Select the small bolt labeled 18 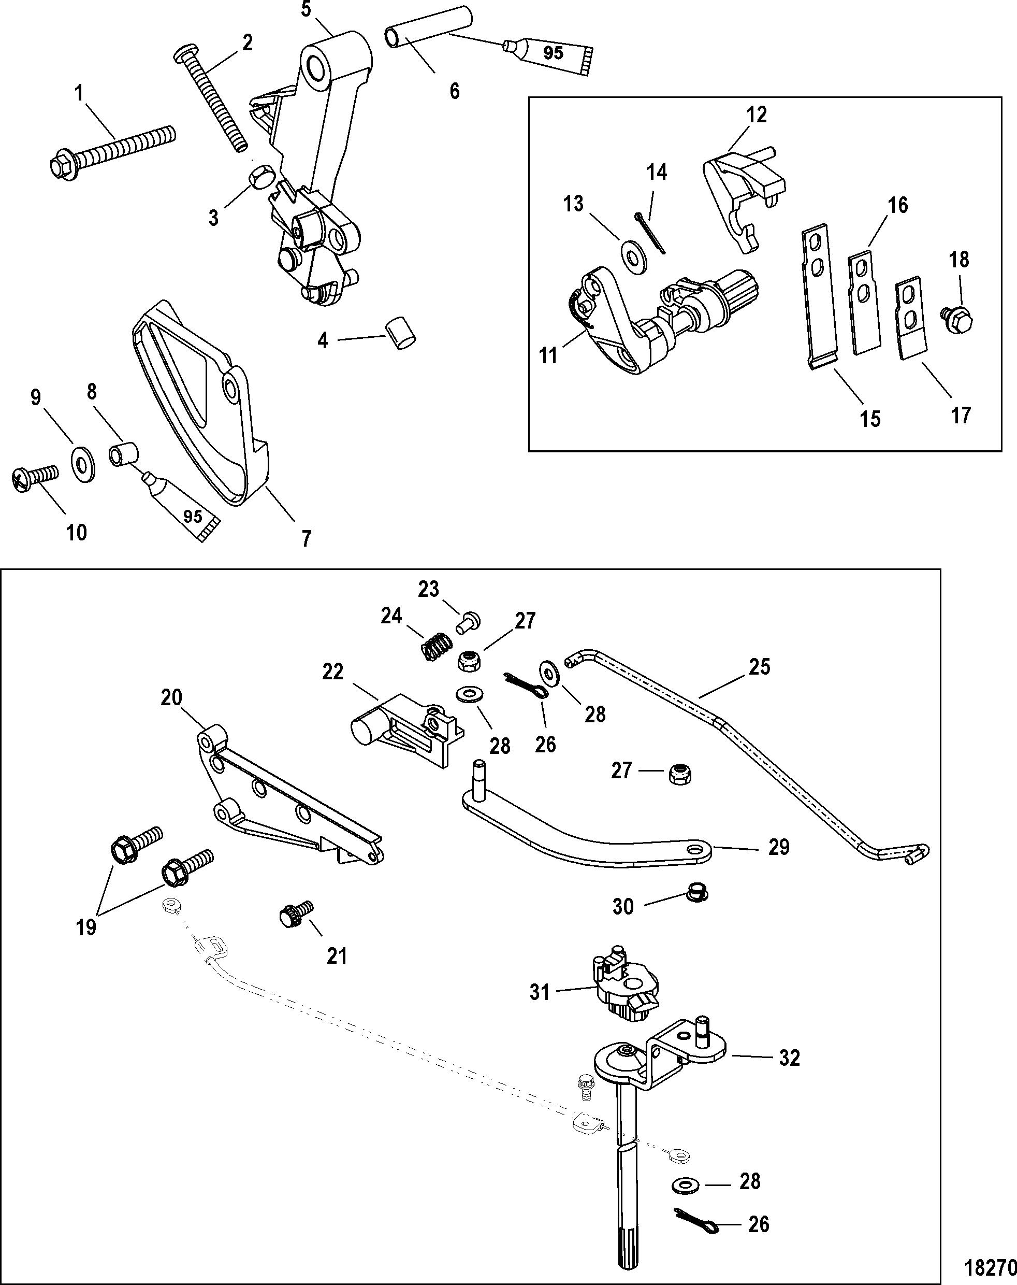click(x=957, y=319)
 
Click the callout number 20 click(x=171, y=696)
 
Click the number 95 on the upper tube click(x=553, y=53)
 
